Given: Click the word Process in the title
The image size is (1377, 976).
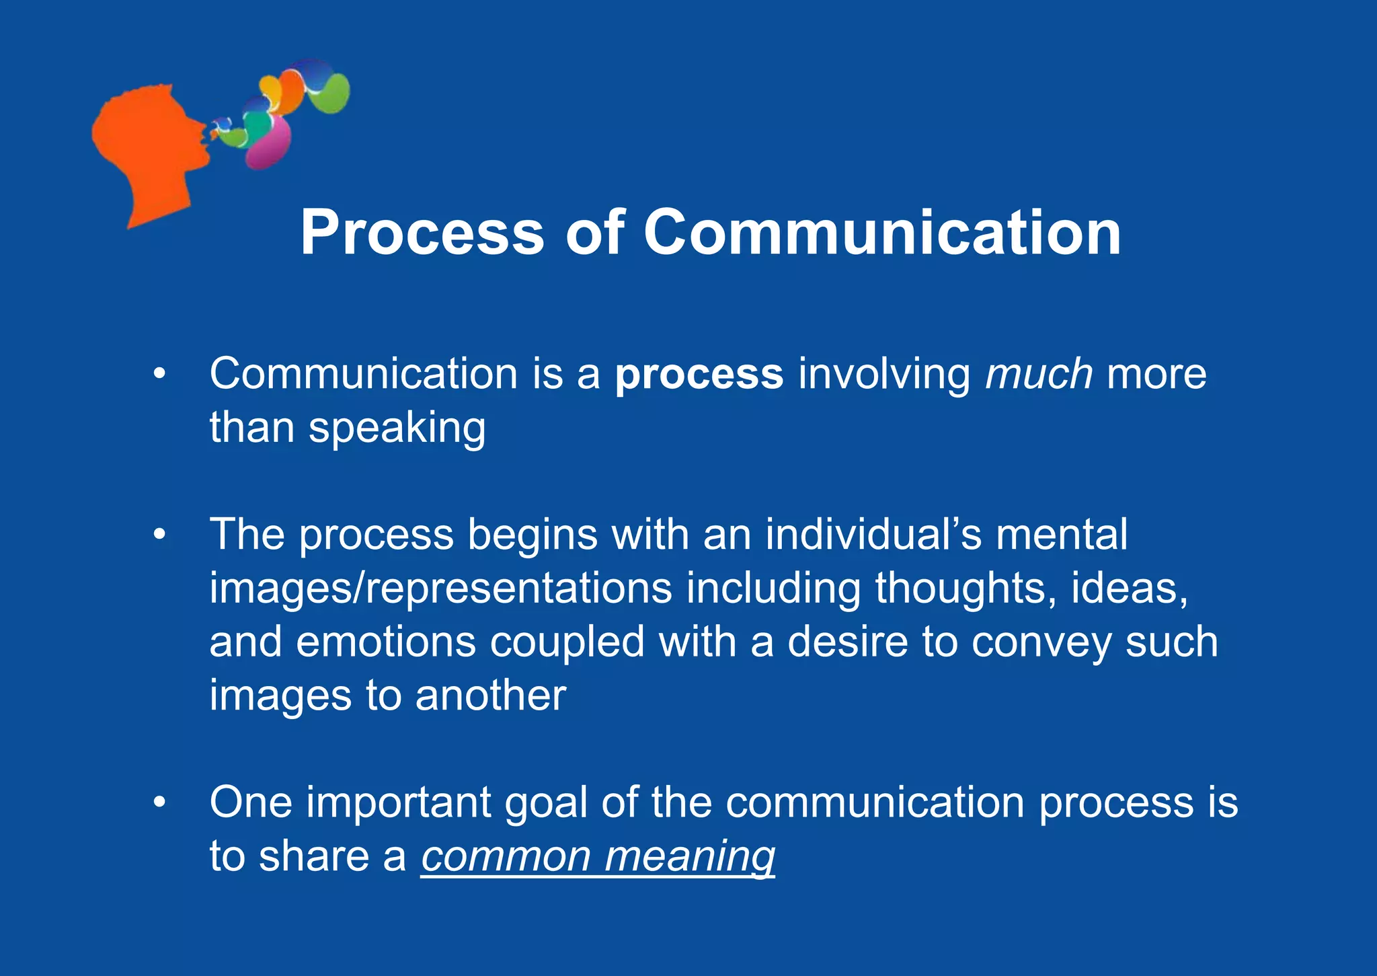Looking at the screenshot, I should click(x=422, y=233).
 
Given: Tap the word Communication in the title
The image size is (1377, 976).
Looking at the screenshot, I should click(x=882, y=233).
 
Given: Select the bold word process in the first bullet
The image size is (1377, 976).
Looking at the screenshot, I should click(x=699, y=375).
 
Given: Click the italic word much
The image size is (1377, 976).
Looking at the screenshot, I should click(x=1038, y=375).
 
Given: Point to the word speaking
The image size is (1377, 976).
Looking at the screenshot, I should click(x=397, y=428).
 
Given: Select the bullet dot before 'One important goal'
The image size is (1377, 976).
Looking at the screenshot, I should click(x=159, y=802).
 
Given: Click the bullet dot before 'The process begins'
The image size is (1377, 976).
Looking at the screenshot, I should click(x=159, y=535).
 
